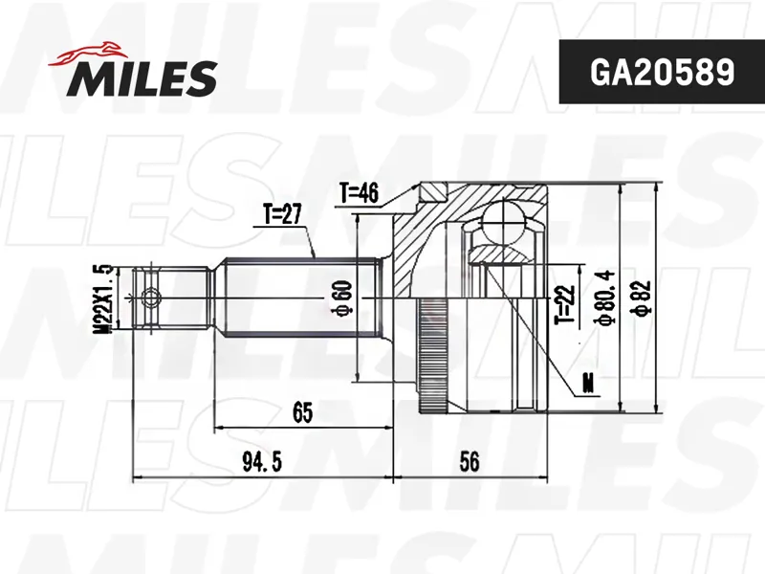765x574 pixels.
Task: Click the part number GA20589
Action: tap(662, 73)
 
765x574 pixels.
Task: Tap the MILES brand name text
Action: tap(142, 78)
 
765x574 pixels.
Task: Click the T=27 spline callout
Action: tap(282, 214)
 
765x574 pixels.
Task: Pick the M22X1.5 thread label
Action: tap(103, 298)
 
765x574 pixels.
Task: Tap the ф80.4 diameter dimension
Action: tap(606, 298)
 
